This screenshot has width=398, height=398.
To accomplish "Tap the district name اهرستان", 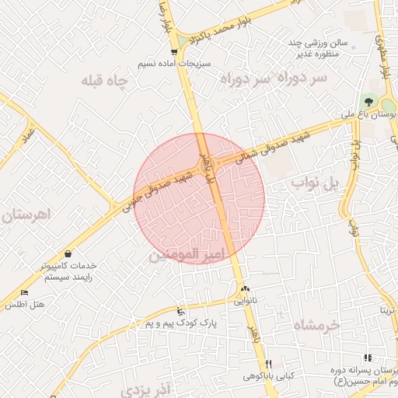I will [x=27, y=213].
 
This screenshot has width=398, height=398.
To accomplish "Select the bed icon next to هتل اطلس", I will [x=24, y=293].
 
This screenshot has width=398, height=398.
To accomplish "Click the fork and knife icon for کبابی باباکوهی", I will [x=268, y=364].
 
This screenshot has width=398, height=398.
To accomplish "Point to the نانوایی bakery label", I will [x=245, y=298].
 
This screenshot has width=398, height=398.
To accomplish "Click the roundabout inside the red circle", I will [x=207, y=166].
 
